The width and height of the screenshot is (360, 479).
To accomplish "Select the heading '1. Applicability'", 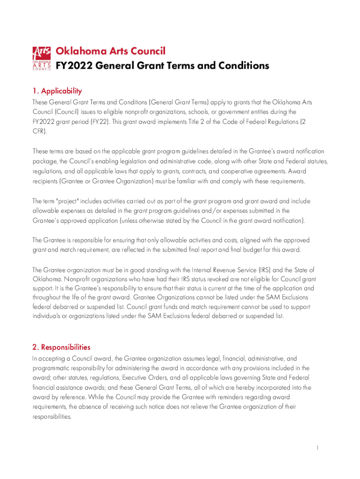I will click(57, 91).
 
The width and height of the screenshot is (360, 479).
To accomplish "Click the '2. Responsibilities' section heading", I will click(61, 347).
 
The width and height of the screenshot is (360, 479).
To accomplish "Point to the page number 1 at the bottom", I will click(317, 448).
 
